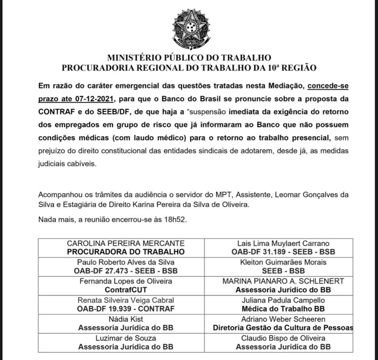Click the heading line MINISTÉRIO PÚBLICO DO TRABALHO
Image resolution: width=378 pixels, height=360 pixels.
tap(189, 58)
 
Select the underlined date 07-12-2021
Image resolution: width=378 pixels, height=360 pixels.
tap(96, 99)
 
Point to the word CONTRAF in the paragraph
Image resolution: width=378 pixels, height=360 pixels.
tap(56, 112)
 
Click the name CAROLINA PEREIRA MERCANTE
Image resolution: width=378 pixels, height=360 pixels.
tap(126, 243)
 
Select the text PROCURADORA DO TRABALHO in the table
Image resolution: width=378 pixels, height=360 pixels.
tap(126, 252)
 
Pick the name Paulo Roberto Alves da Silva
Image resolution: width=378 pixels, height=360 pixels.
tap(126, 262)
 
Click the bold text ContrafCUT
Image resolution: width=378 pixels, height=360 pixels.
tap(126, 289)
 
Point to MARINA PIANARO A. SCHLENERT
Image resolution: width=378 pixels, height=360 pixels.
tap(283, 281)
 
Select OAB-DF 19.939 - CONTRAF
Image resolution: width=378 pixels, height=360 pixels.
tap(126, 308)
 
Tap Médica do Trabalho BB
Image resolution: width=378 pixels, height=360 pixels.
tap(283, 308)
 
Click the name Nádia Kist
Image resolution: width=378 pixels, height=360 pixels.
tap(126, 319)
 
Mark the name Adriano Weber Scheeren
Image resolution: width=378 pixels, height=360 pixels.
tap(283, 319)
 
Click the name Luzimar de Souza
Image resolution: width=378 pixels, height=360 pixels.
tap(126, 338)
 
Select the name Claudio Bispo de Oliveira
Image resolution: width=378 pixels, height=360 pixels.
tap(283, 338)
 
